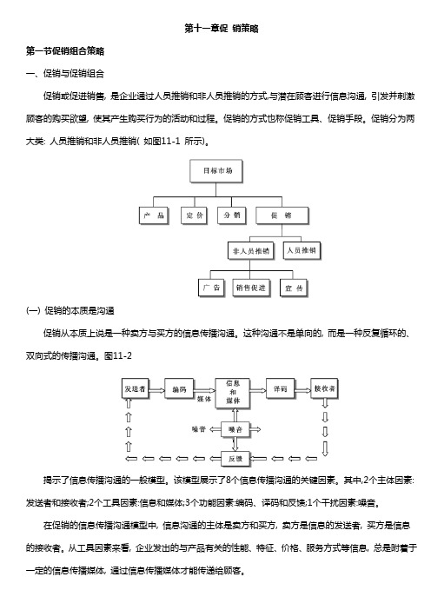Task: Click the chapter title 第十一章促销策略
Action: coord(222,29)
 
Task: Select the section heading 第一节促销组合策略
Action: coord(65,51)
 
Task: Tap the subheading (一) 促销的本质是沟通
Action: coord(70,310)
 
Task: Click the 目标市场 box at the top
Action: coord(216,171)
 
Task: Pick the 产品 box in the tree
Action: coord(154,215)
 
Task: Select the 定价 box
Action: coord(195,215)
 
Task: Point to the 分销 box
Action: coord(231,215)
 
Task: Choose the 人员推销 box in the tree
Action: coord(302,250)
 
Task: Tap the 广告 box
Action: coord(211,288)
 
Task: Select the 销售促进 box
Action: coord(251,288)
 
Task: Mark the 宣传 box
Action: coord(294,288)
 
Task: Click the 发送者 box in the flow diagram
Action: coord(135,388)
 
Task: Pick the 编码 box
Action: coord(179,388)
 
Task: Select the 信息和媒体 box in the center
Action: coord(233,393)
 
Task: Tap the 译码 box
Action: coord(280,388)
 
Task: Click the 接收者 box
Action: coord(324,388)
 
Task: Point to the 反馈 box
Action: coord(235,459)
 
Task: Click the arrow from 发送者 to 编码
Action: coord(156,390)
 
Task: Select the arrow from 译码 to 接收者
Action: coord(302,390)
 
